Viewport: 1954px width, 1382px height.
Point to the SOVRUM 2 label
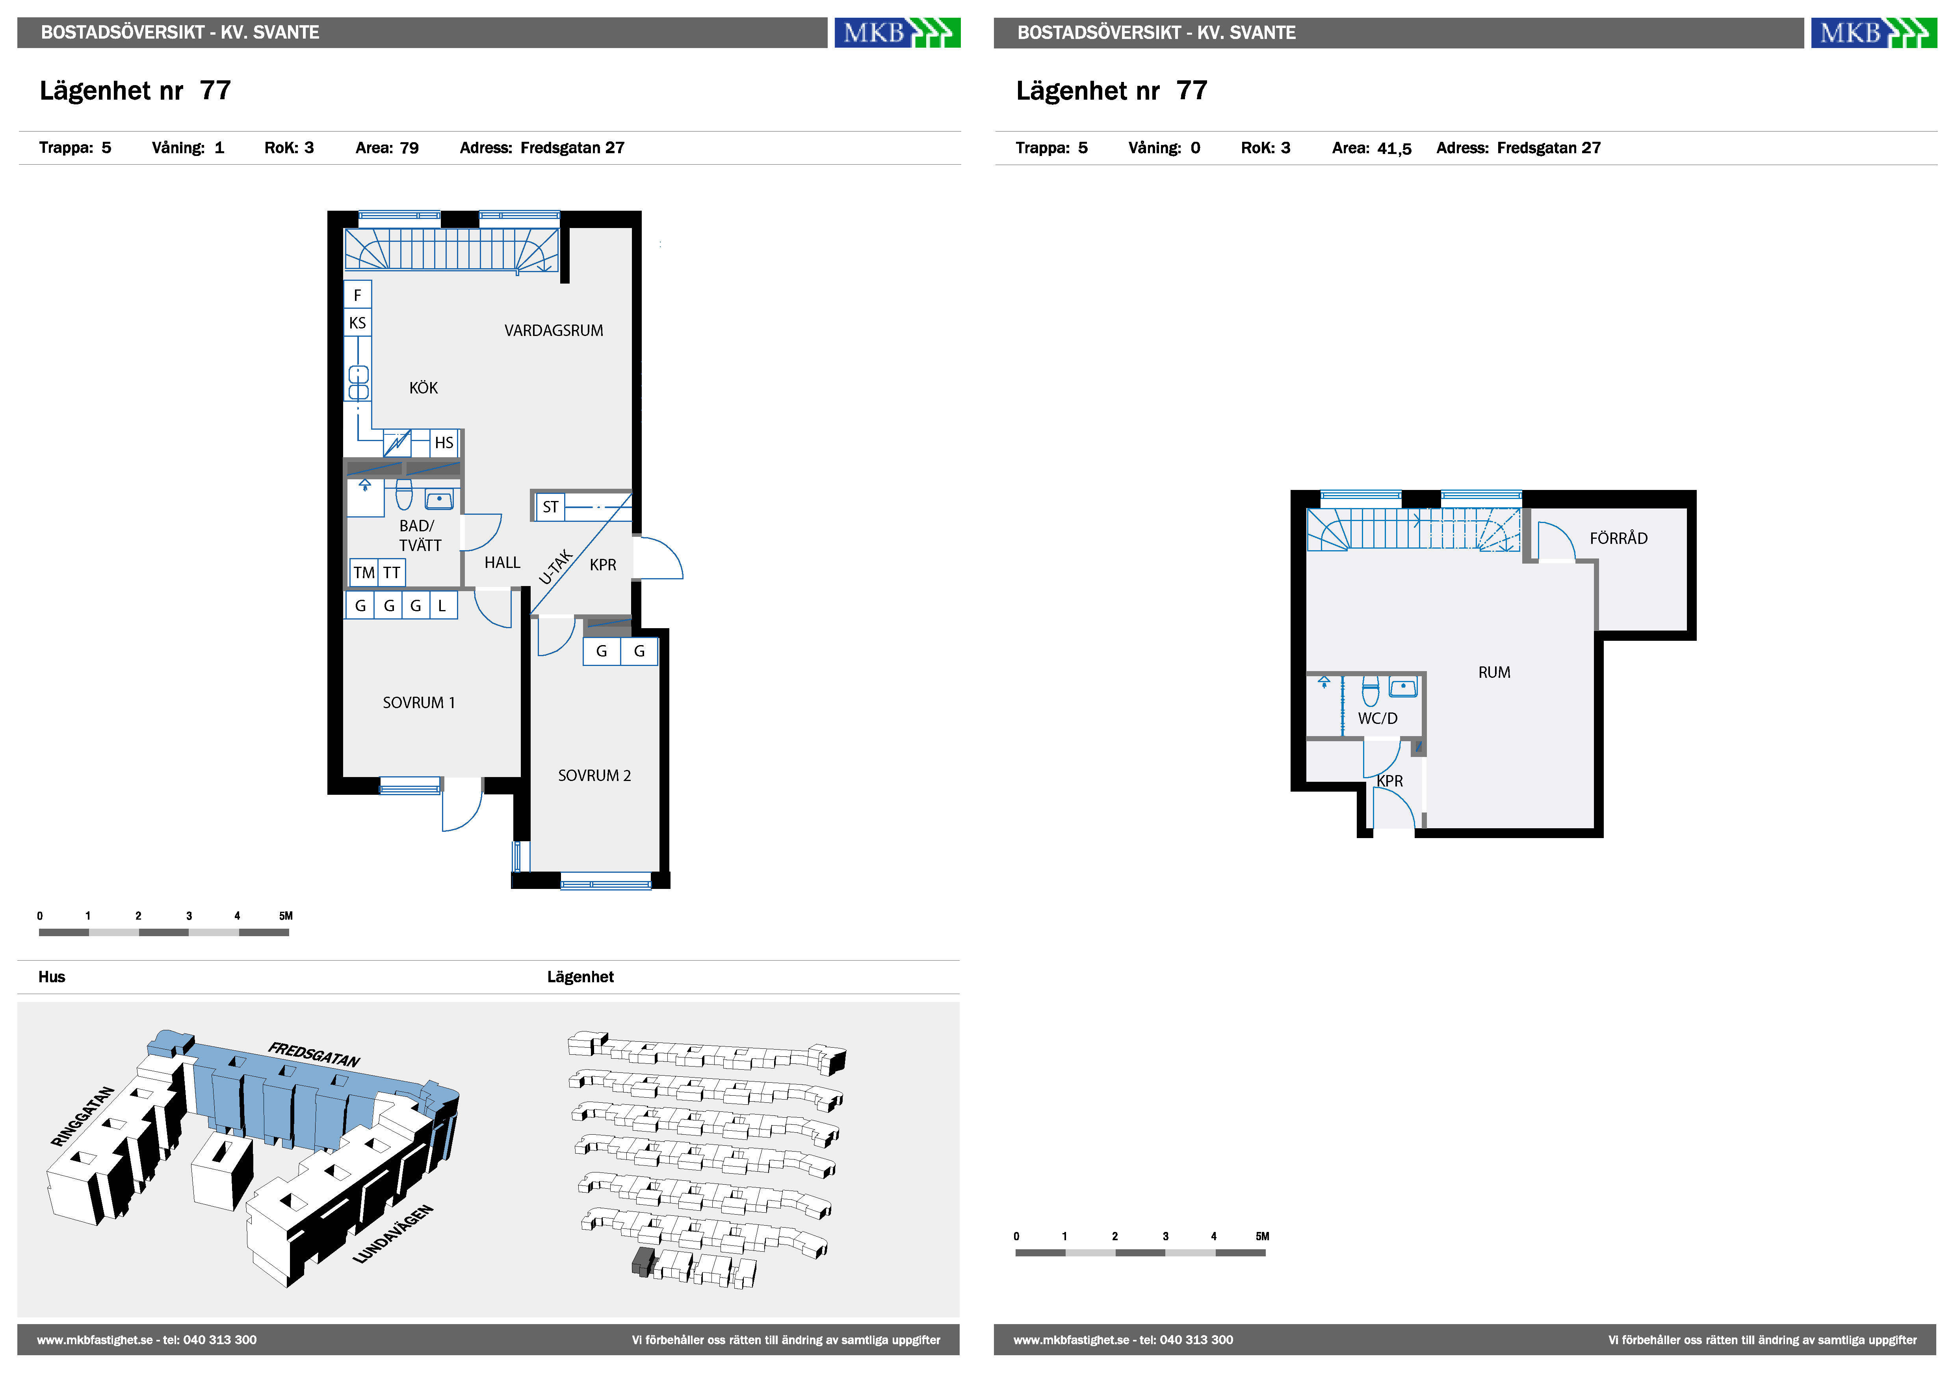coord(594,775)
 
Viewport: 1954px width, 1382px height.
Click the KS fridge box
coord(357,323)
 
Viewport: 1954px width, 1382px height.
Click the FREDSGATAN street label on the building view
coord(314,1054)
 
